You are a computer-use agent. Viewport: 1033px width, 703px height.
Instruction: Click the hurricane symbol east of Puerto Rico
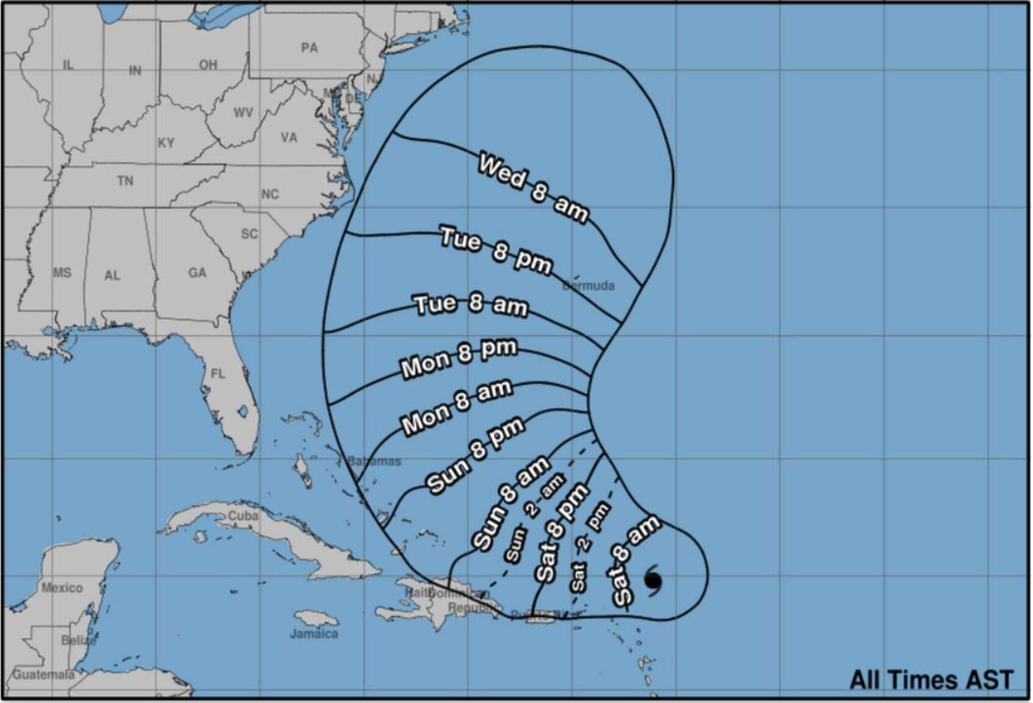click(x=653, y=580)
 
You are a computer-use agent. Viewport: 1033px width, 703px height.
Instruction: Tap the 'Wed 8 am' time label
click(x=533, y=188)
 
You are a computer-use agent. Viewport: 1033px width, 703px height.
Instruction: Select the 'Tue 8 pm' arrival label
click(x=496, y=250)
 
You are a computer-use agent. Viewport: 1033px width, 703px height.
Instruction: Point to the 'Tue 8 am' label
click(x=471, y=305)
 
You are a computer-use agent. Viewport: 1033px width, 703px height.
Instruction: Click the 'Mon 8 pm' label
click(x=459, y=358)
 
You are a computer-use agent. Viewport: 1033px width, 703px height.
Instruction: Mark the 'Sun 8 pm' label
click(x=475, y=455)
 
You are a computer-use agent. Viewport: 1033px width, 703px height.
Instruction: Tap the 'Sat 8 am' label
click(x=635, y=560)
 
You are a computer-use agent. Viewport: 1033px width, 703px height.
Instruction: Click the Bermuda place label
click(x=589, y=286)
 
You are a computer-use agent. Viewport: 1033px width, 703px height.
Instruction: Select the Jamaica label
click(x=314, y=633)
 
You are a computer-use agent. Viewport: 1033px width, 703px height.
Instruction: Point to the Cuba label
click(x=243, y=516)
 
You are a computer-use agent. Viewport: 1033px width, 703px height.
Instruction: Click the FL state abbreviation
click(x=218, y=373)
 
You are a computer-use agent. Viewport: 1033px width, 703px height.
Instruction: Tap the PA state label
click(x=310, y=48)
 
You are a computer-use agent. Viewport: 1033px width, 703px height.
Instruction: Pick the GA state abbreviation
click(x=197, y=273)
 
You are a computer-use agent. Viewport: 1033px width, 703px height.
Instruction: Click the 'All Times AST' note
click(x=931, y=679)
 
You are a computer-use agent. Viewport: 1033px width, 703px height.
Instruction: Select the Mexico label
click(x=62, y=588)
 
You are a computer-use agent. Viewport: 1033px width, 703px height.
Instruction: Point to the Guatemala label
click(x=44, y=674)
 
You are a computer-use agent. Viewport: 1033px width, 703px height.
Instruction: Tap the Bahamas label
click(x=374, y=461)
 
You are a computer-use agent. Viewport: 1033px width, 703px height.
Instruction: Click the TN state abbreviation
click(x=125, y=181)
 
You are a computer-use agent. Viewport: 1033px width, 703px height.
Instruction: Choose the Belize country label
click(x=79, y=640)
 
